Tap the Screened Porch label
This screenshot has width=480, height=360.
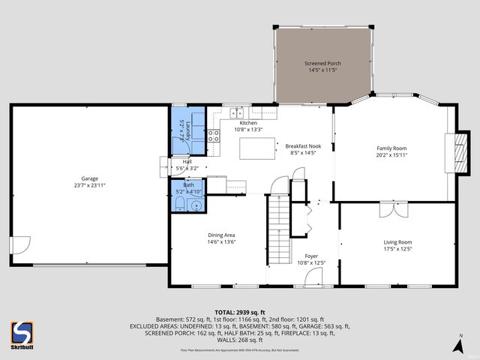tap(322, 64)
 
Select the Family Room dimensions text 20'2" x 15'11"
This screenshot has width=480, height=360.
tap(394, 155)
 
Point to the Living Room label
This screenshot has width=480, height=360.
tap(397, 242)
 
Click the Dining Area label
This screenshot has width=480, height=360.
tap(221, 235)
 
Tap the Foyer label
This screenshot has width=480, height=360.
tap(310, 256)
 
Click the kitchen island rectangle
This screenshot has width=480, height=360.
tap(257, 148)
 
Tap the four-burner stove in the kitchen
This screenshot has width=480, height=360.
tap(213, 136)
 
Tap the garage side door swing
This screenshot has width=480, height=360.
tap(21, 246)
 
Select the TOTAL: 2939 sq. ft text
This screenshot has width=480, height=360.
tap(239, 311)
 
